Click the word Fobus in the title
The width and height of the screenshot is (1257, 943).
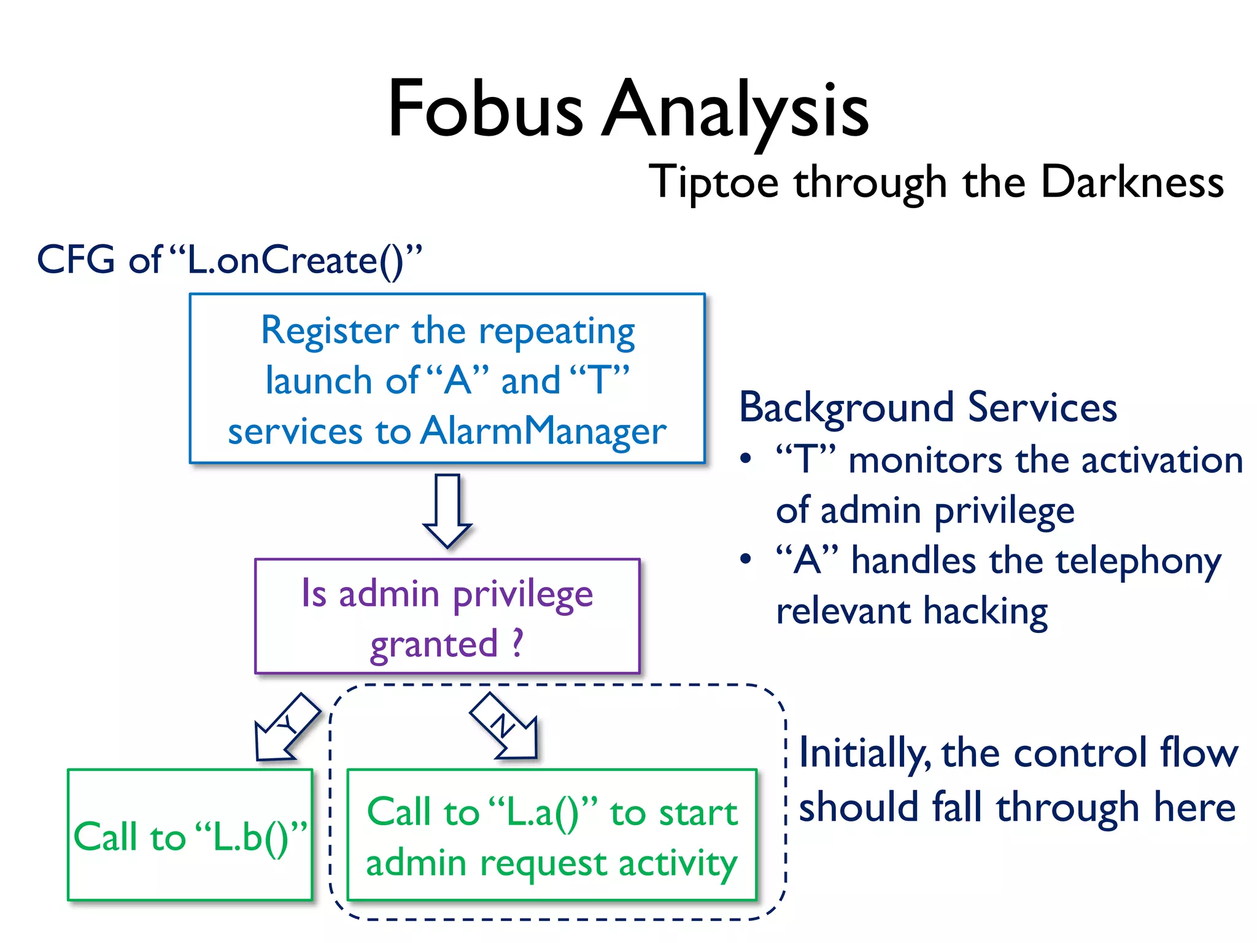point(485,111)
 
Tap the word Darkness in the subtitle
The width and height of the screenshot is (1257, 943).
point(1132,182)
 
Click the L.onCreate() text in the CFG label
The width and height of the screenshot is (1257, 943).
point(295,260)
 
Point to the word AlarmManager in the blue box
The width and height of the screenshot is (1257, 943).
point(543,431)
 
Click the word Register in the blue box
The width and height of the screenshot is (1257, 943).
point(330,332)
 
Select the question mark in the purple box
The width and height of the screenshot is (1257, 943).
point(517,643)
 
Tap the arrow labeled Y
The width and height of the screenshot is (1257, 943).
point(285,728)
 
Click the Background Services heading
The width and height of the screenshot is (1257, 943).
point(927,407)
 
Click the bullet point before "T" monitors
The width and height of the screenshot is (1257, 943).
point(745,459)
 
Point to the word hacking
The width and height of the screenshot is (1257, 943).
point(985,611)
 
